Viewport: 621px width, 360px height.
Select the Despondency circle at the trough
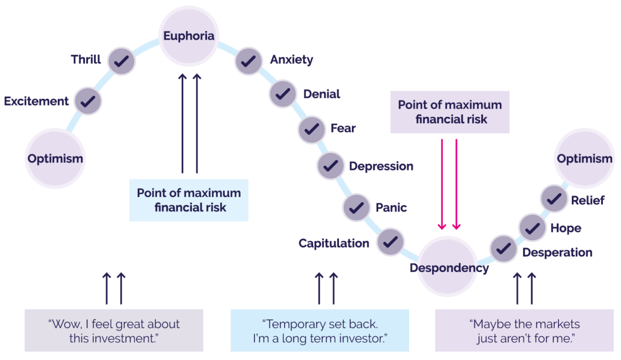[448, 267]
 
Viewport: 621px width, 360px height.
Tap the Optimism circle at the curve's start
[55, 158]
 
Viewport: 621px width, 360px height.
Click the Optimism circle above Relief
[584, 159]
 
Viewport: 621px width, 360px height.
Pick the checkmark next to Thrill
[122, 61]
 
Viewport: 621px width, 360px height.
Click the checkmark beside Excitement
[87, 101]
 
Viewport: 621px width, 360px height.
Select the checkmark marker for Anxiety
[249, 61]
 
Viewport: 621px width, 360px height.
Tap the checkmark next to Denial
[283, 94]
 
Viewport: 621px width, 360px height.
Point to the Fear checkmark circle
[311, 128]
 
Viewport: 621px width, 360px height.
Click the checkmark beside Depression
[331, 166]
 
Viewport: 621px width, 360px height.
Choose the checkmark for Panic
[356, 208]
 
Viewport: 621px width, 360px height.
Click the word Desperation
[557, 253]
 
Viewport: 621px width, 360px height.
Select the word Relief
[587, 201]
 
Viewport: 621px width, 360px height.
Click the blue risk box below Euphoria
[188, 200]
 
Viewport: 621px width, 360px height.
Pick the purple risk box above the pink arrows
[450, 112]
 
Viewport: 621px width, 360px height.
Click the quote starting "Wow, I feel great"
[114, 331]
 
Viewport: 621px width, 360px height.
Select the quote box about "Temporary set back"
[319, 331]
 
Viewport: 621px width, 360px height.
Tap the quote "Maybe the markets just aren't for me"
[524, 331]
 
